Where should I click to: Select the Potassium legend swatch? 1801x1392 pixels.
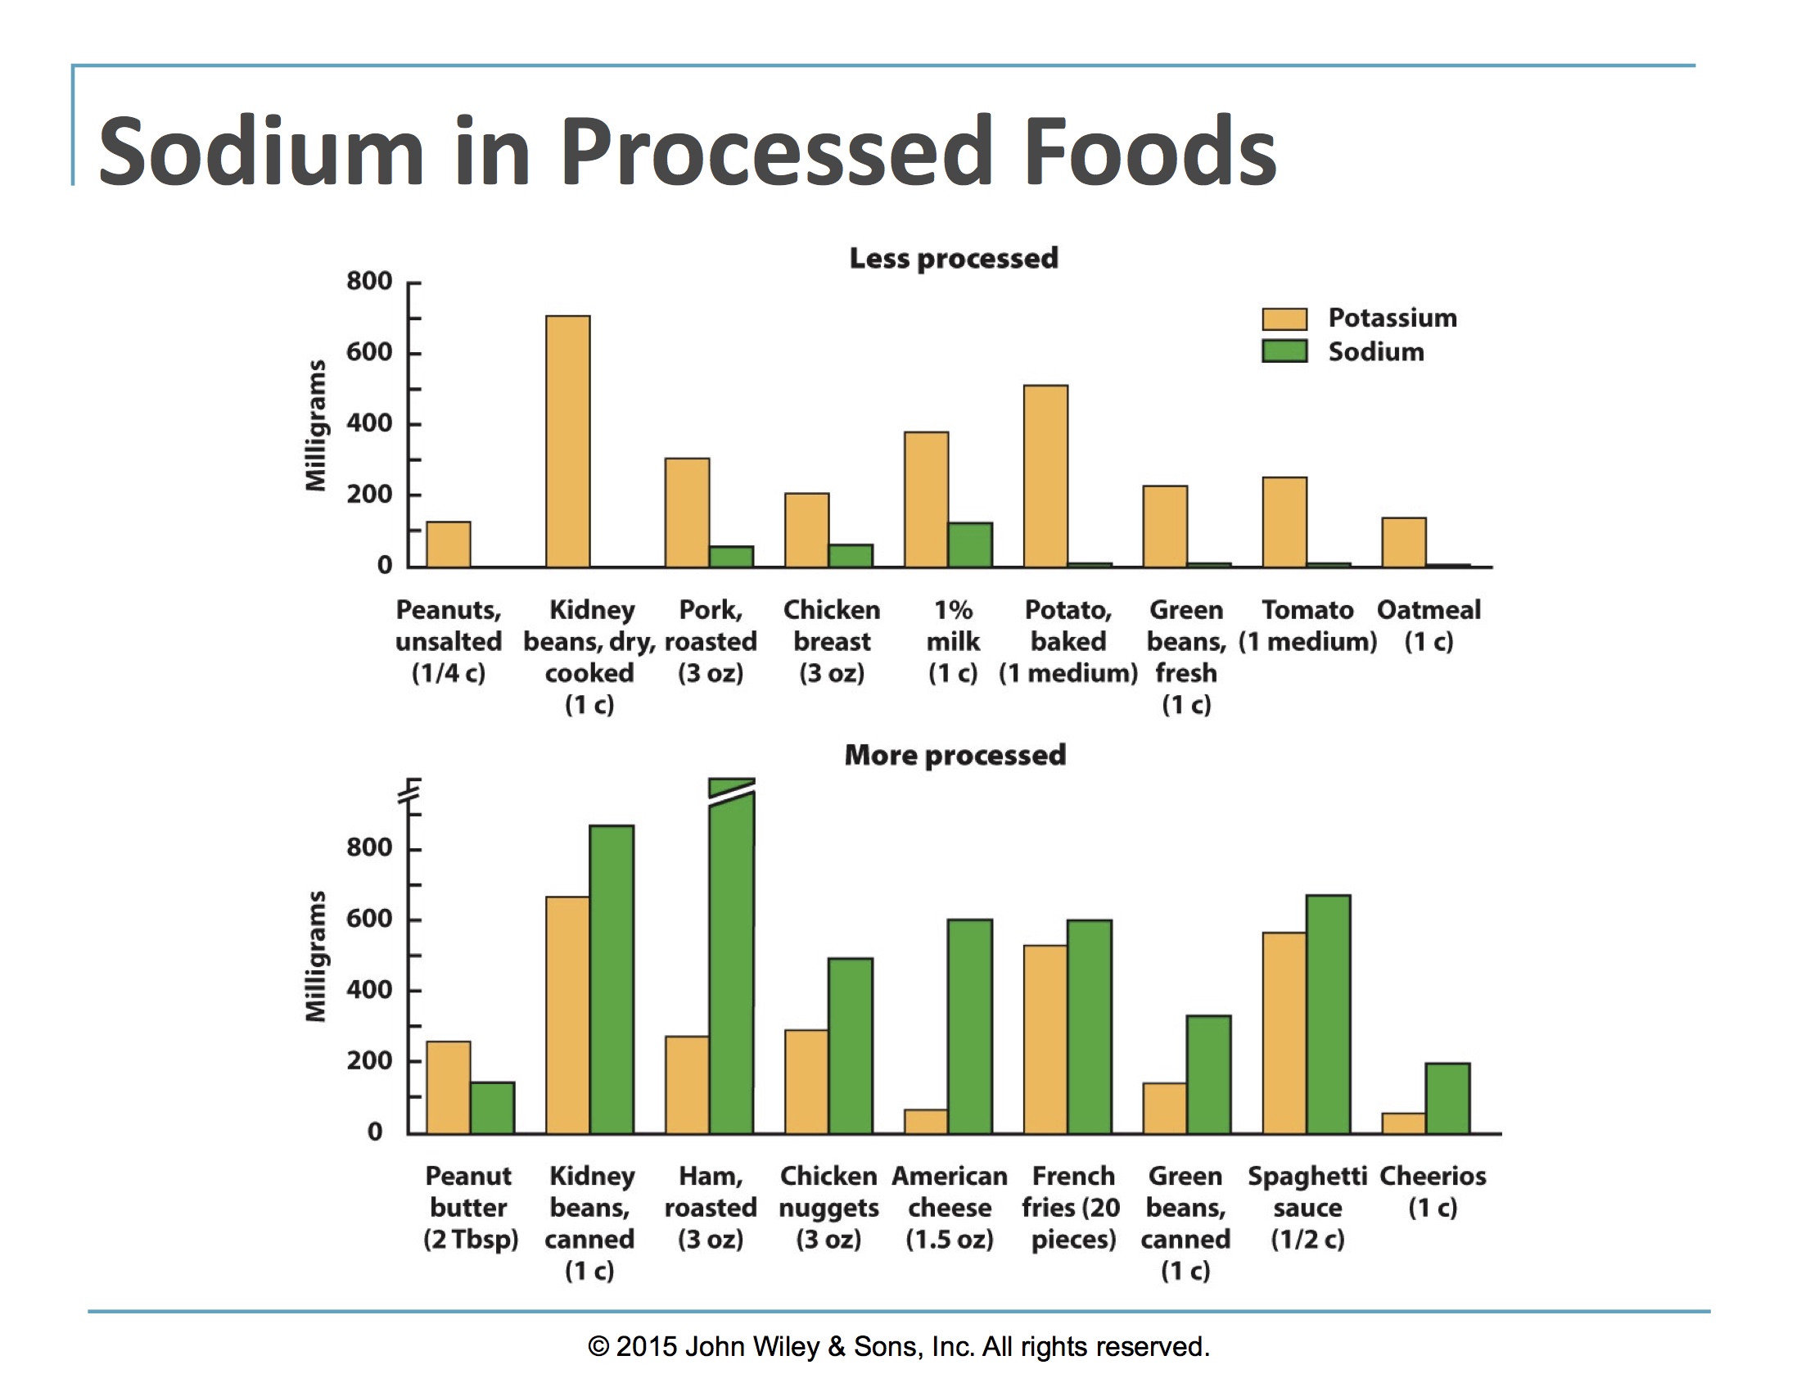coord(1284,319)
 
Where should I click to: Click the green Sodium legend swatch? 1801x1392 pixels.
coord(1284,351)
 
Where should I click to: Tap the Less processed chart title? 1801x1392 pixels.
coord(953,259)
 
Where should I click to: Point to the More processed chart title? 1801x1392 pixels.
coord(955,756)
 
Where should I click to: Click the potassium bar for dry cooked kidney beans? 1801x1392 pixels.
coord(568,441)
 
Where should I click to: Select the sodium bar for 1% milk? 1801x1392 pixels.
coord(970,545)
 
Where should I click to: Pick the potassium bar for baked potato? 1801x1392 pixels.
coord(1045,476)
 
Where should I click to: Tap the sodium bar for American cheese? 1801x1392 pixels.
coord(970,1026)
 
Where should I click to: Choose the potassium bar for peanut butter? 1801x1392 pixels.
coord(449,1087)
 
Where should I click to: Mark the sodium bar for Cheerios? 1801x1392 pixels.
coord(1447,1097)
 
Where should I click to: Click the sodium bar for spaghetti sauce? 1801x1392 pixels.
coord(1329,1014)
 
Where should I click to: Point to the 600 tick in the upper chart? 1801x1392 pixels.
coord(368,353)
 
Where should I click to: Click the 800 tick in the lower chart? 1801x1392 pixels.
coord(368,847)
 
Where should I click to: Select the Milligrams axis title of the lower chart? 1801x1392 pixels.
coord(316,956)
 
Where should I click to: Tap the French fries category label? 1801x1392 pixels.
coord(1072,1207)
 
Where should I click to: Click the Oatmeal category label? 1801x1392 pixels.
coord(1429,625)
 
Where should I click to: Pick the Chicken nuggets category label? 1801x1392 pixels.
coord(828,1207)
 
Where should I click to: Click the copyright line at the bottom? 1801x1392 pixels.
coord(899,1347)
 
